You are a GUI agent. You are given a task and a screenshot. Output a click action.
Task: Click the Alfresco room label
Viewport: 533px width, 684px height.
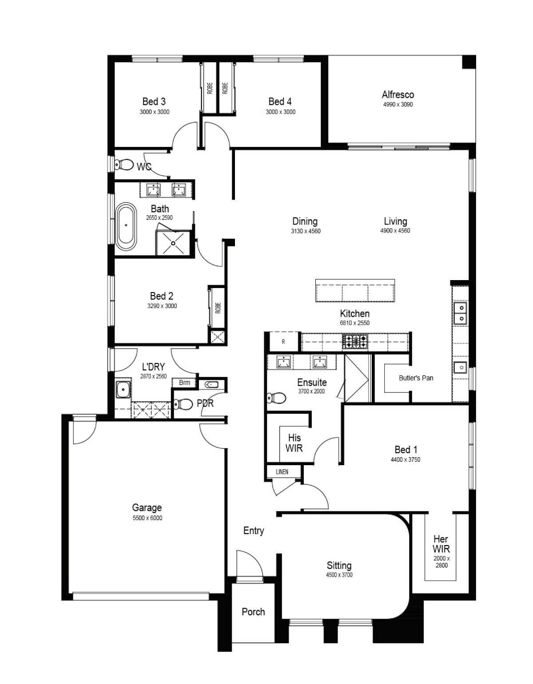tap(398, 95)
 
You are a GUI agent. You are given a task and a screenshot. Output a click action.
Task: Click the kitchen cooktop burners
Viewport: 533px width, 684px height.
tap(355, 341)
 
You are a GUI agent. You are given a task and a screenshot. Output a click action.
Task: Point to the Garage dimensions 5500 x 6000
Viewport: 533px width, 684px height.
tap(147, 518)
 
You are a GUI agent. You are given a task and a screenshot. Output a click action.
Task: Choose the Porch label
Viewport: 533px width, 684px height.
tap(253, 612)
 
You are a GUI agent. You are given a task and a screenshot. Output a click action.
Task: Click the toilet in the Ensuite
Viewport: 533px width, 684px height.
tap(276, 398)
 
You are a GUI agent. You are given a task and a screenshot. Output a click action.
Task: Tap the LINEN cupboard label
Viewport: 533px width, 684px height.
tap(282, 471)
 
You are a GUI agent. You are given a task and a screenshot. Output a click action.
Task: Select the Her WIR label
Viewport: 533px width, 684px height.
tap(441, 544)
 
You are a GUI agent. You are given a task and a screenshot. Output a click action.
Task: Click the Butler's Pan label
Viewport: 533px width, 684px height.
tap(416, 378)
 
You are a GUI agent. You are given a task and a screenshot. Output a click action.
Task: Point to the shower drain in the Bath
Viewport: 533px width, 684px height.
tap(173, 243)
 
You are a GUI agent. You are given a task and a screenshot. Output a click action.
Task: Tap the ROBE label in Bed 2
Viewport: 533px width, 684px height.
tap(218, 308)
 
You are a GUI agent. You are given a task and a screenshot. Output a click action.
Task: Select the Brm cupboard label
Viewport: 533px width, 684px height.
tap(184, 383)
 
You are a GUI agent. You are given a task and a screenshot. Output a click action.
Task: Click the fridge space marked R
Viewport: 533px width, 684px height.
tap(283, 342)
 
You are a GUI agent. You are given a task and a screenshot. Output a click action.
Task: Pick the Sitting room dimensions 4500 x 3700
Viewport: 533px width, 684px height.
tap(339, 575)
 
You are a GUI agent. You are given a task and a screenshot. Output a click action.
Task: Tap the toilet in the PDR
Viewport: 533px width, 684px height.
tap(183, 404)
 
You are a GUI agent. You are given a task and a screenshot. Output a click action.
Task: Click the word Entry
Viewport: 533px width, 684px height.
tap(254, 530)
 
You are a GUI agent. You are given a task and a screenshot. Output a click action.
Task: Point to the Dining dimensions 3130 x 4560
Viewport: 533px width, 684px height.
tap(306, 231)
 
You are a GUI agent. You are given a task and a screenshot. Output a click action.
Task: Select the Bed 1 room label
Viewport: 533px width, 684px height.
tap(406, 450)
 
